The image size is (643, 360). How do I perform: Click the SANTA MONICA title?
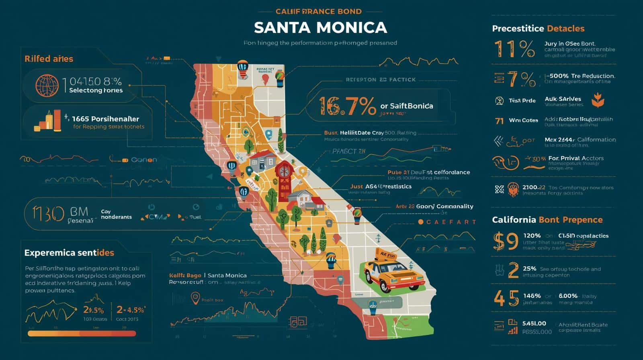(x=320, y=27)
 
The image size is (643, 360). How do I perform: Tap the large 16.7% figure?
(x=348, y=106)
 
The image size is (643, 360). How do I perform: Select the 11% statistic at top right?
(x=514, y=49)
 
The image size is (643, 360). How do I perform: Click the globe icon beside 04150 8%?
(x=47, y=86)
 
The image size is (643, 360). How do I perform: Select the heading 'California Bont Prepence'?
(x=547, y=220)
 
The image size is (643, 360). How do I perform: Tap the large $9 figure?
(x=505, y=241)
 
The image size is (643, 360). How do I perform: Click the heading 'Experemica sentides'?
(x=69, y=253)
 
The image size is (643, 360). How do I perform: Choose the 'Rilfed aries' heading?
(x=49, y=59)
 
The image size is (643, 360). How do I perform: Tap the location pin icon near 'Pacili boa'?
(x=195, y=299)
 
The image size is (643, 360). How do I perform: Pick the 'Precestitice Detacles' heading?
(x=538, y=29)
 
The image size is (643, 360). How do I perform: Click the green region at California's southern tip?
(x=410, y=325)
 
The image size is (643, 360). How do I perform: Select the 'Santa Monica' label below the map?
(x=227, y=275)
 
